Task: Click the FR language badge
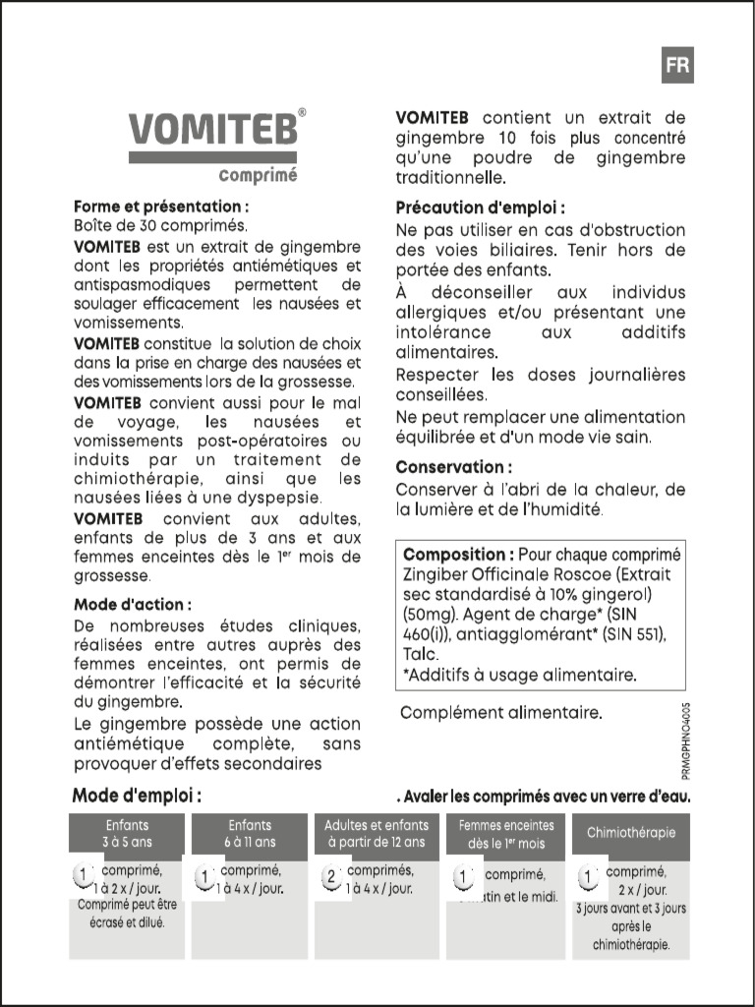pyautogui.click(x=677, y=65)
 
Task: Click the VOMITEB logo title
pyautogui.click(x=211, y=130)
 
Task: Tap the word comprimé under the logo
pyautogui.click(x=258, y=176)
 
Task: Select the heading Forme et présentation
pyautogui.click(x=161, y=207)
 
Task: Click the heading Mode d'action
pyautogui.click(x=133, y=604)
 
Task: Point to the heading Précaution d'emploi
pyautogui.click(x=480, y=207)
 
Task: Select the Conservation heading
pyautogui.click(x=453, y=467)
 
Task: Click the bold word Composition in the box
pyautogui.click(x=458, y=555)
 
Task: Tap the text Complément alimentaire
pyautogui.click(x=500, y=712)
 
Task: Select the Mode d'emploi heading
pyautogui.click(x=137, y=796)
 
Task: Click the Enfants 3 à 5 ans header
pyautogui.click(x=127, y=834)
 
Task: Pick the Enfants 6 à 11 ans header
pyautogui.click(x=252, y=834)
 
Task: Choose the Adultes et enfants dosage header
pyautogui.click(x=377, y=834)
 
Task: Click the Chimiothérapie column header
pyautogui.click(x=631, y=833)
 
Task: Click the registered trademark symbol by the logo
pyautogui.click(x=302, y=112)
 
